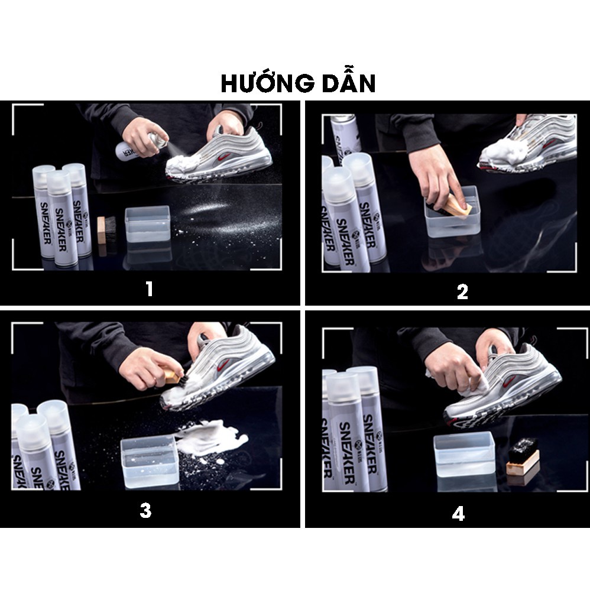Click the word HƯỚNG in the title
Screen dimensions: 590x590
click(264, 83)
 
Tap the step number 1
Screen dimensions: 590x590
click(149, 289)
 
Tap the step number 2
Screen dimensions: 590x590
click(462, 291)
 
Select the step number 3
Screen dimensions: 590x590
click(145, 511)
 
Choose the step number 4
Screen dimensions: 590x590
click(458, 513)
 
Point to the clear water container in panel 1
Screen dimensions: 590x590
click(148, 223)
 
